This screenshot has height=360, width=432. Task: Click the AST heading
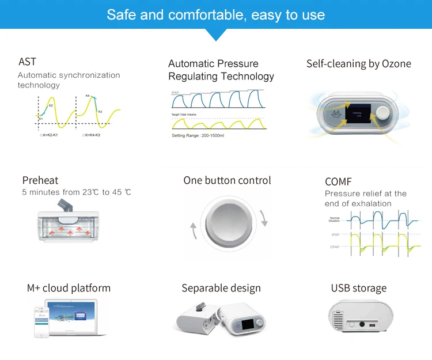point(27,62)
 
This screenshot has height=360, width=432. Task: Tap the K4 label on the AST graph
point(88,96)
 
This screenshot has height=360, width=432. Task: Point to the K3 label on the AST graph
point(100,111)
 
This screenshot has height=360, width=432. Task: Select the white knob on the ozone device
point(382,113)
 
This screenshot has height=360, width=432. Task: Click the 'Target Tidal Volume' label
point(185,115)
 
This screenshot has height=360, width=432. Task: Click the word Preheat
point(40,180)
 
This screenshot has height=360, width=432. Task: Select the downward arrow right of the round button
point(264,218)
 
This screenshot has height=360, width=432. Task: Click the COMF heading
point(338,182)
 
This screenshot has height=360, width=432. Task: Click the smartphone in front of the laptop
point(40,320)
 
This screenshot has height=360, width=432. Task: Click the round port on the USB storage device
point(363,323)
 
